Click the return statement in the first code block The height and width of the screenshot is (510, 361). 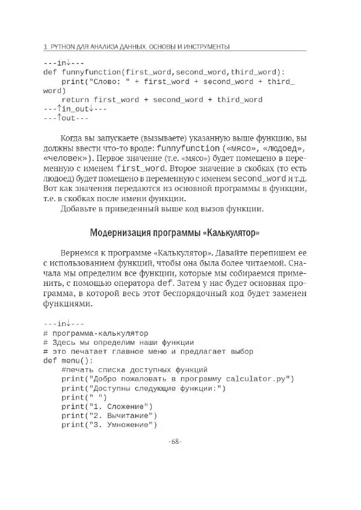[161, 100]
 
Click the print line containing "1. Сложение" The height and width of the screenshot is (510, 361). [107, 407]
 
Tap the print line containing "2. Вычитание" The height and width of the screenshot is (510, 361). [109, 416]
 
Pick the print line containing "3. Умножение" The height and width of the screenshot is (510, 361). [109, 425]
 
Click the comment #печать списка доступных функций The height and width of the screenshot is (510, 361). [134, 369]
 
